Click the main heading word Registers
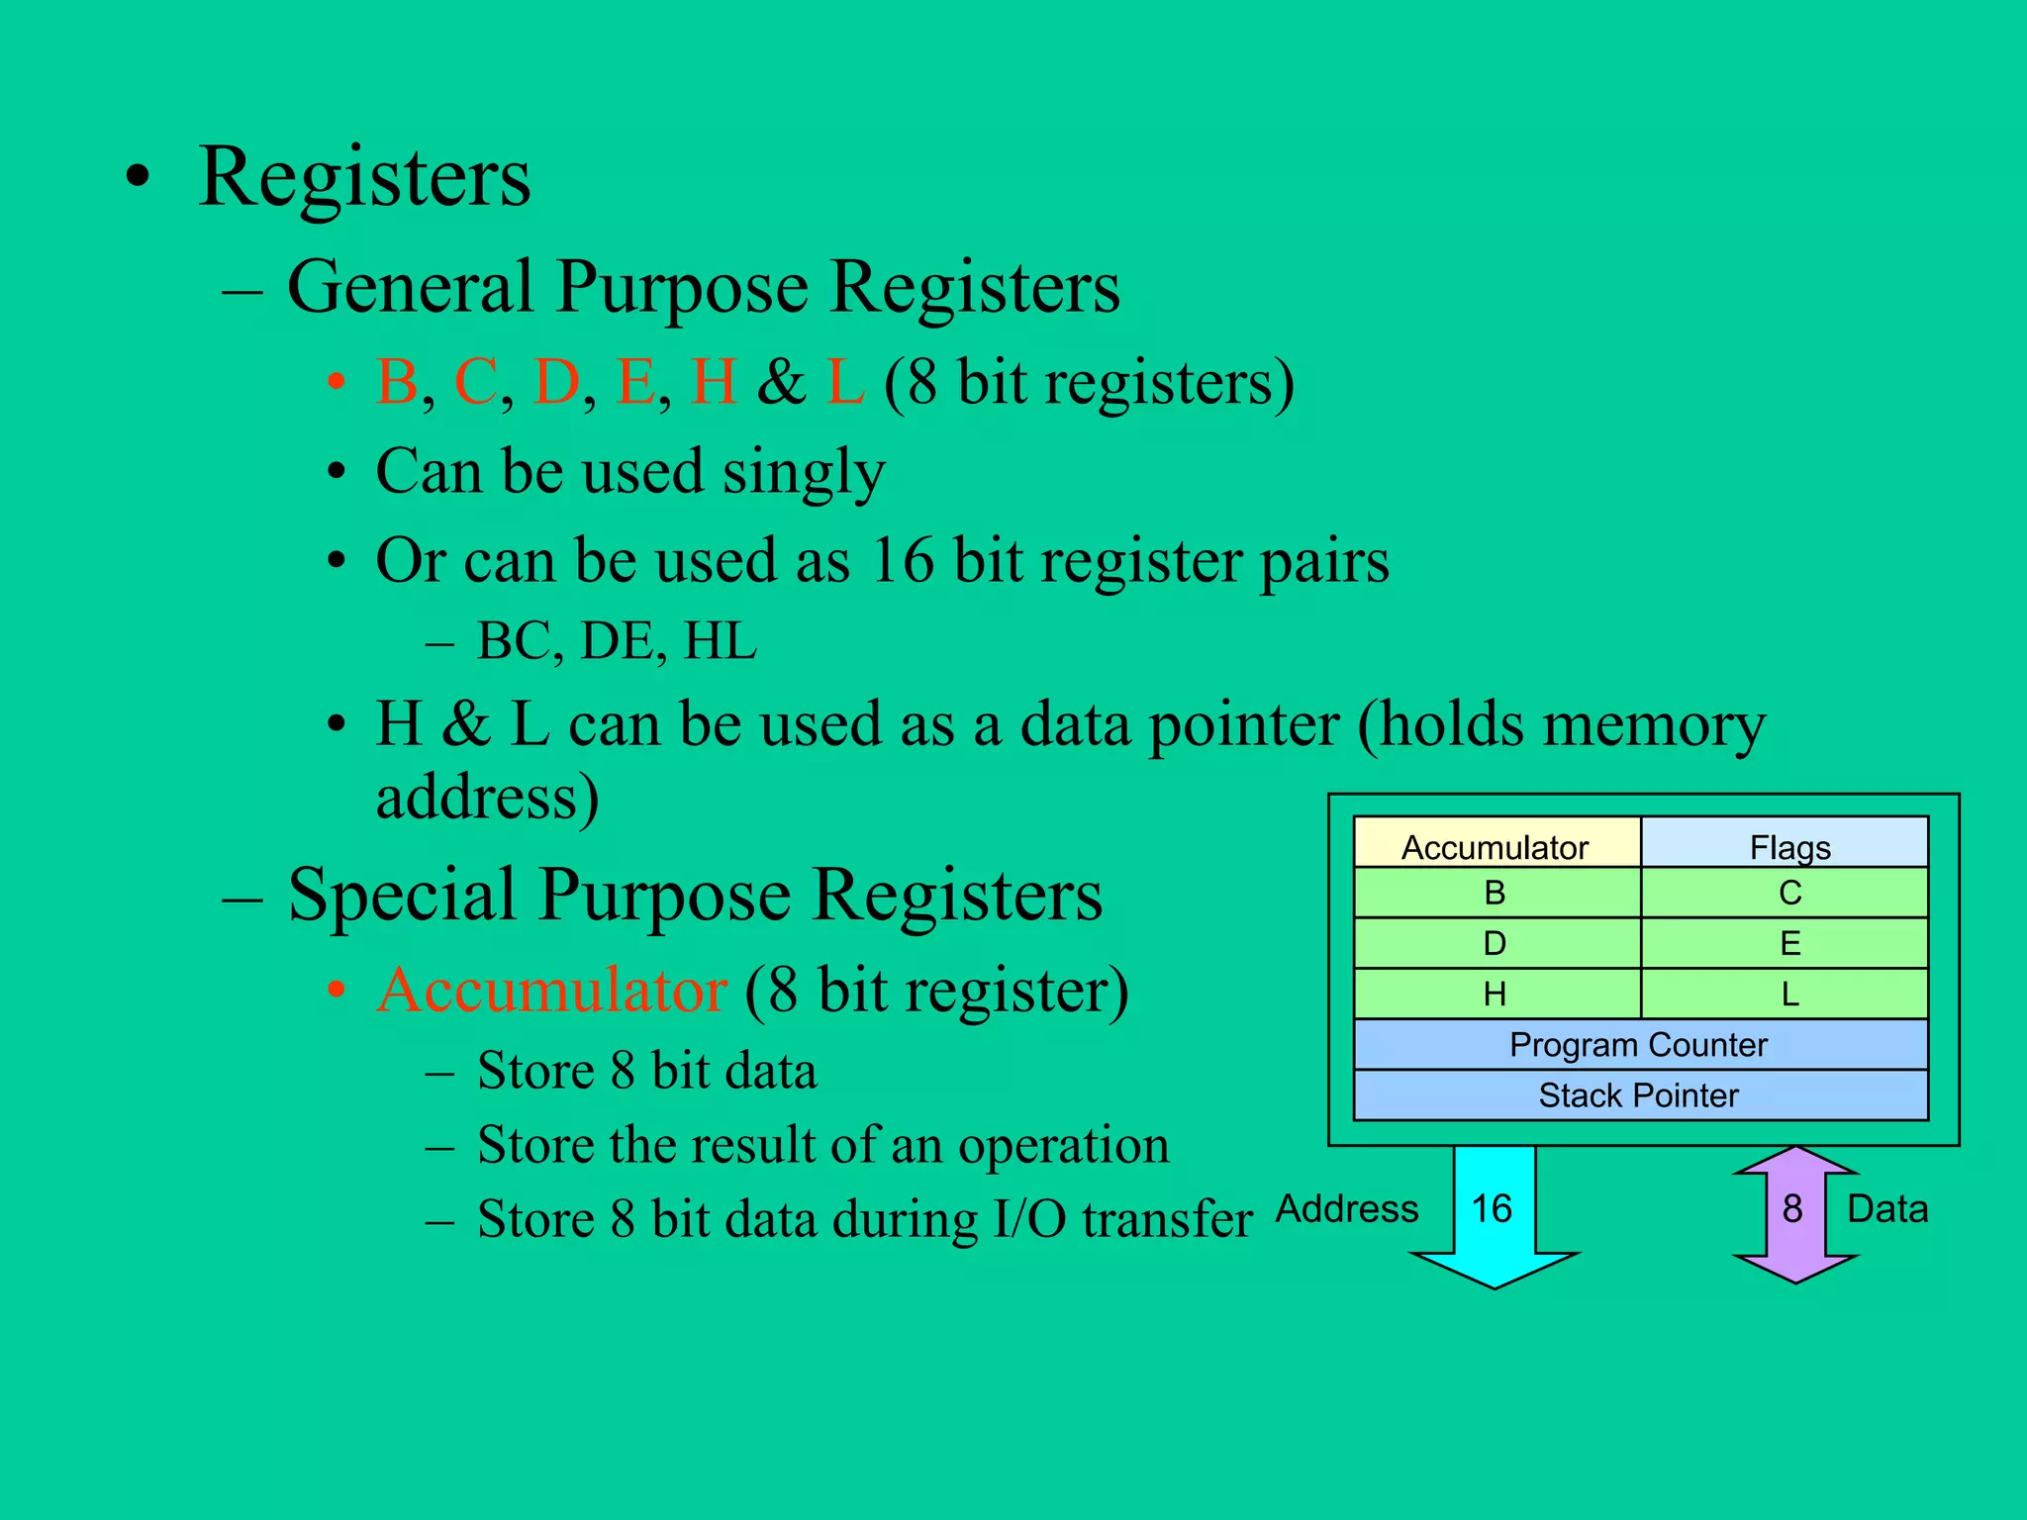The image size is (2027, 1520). pos(364,178)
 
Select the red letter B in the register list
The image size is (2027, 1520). pos(397,382)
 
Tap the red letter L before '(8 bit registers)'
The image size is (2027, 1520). pos(845,382)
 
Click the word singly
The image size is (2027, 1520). pos(803,472)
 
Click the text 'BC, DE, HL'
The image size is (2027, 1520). pos(616,641)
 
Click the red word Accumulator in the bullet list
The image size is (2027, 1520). pos(552,990)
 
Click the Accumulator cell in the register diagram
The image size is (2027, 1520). pos(1495,846)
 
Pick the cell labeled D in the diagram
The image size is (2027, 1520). pos(1495,943)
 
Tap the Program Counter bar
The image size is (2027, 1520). pos(1639,1045)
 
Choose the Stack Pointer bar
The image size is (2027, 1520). pos(1639,1095)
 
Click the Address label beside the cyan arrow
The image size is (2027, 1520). pos(1347,1208)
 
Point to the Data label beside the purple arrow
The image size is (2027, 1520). pos(1887,1208)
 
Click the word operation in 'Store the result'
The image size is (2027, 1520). pos(1063,1146)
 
